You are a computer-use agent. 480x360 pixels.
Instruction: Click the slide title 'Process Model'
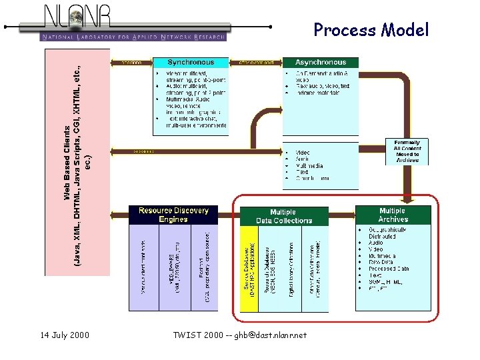(x=371, y=30)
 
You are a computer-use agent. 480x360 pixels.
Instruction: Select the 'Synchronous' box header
(x=191, y=63)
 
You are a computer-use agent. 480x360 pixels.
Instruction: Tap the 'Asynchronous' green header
(x=321, y=63)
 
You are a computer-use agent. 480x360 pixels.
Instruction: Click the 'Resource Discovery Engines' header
(x=173, y=215)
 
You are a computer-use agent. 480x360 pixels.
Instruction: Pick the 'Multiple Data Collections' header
(x=283, y=216)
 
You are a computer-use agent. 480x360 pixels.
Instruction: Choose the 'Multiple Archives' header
(x=393, y=215)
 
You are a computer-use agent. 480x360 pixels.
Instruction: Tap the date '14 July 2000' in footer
(x=65, y=335)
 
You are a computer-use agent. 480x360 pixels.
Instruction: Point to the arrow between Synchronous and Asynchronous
(x=256, y=63)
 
